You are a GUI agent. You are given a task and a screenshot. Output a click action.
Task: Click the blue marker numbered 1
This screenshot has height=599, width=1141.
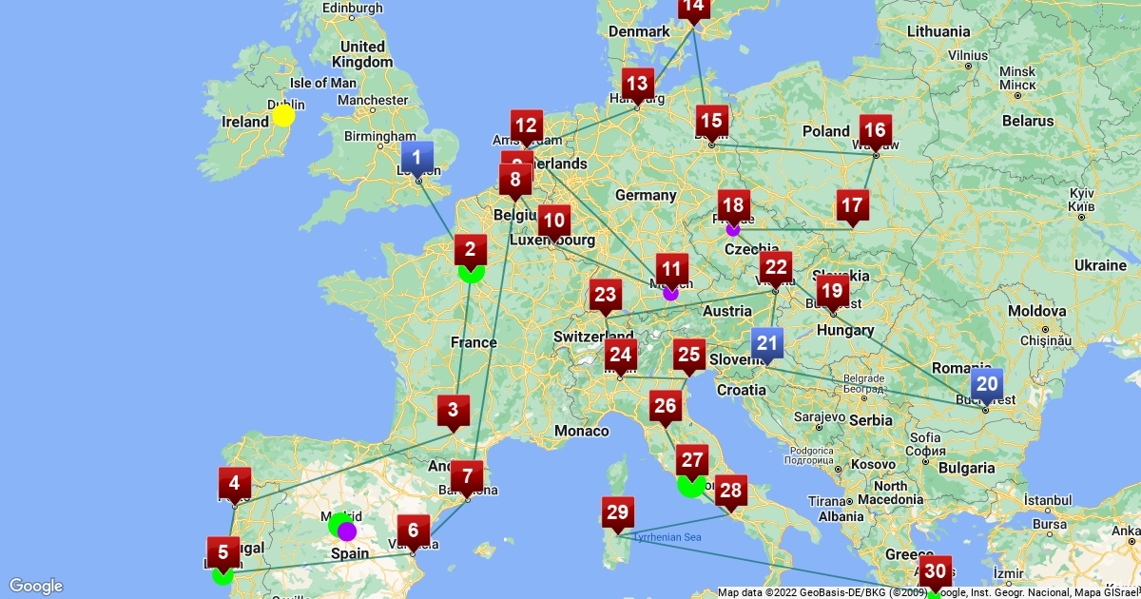416,157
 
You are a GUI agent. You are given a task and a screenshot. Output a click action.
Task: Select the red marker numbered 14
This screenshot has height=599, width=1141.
693,8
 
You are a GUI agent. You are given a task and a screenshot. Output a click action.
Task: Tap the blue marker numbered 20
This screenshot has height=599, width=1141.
986,385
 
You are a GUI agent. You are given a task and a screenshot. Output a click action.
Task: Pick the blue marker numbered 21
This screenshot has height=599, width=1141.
766,344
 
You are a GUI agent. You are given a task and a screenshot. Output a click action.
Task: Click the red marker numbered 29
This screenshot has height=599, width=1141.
618,512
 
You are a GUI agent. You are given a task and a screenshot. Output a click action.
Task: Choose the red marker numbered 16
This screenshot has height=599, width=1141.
875,131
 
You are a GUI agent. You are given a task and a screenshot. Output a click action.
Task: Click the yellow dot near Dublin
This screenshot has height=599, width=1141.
283,116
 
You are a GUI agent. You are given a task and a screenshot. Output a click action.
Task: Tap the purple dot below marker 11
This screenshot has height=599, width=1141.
670,293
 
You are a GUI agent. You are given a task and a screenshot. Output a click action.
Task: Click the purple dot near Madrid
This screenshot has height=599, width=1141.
347,531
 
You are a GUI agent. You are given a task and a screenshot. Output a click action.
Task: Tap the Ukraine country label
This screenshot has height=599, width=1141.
1102,264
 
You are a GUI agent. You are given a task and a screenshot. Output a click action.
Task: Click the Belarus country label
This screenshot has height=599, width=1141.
1027,121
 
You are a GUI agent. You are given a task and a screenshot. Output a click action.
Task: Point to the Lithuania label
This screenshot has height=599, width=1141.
938,31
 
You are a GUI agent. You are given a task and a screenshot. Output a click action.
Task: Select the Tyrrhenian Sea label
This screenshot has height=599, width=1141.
667,538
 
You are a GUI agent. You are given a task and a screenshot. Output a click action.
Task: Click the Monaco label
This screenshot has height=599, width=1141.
582,431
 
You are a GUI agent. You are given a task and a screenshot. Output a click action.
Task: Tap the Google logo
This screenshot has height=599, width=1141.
36,586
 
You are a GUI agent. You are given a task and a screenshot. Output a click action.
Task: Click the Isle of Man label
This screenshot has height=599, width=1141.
322,83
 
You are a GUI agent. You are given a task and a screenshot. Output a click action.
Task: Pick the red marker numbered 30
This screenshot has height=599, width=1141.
935,571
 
